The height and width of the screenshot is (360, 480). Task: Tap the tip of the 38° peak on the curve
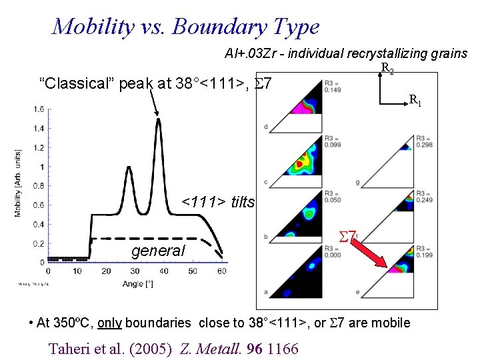tap(158, 120)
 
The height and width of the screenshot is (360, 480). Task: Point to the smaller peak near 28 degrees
tap(128, 167)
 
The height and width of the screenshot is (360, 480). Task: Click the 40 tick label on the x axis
tap(163, 271)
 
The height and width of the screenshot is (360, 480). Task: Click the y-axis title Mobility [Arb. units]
tap(17, 183)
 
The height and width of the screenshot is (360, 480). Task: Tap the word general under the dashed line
tap(158, 251)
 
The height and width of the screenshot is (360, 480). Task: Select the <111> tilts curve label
tap(218, 202)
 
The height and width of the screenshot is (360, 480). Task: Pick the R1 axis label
tap(415, 101)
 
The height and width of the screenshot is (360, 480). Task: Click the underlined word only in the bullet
tap(109, 323)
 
